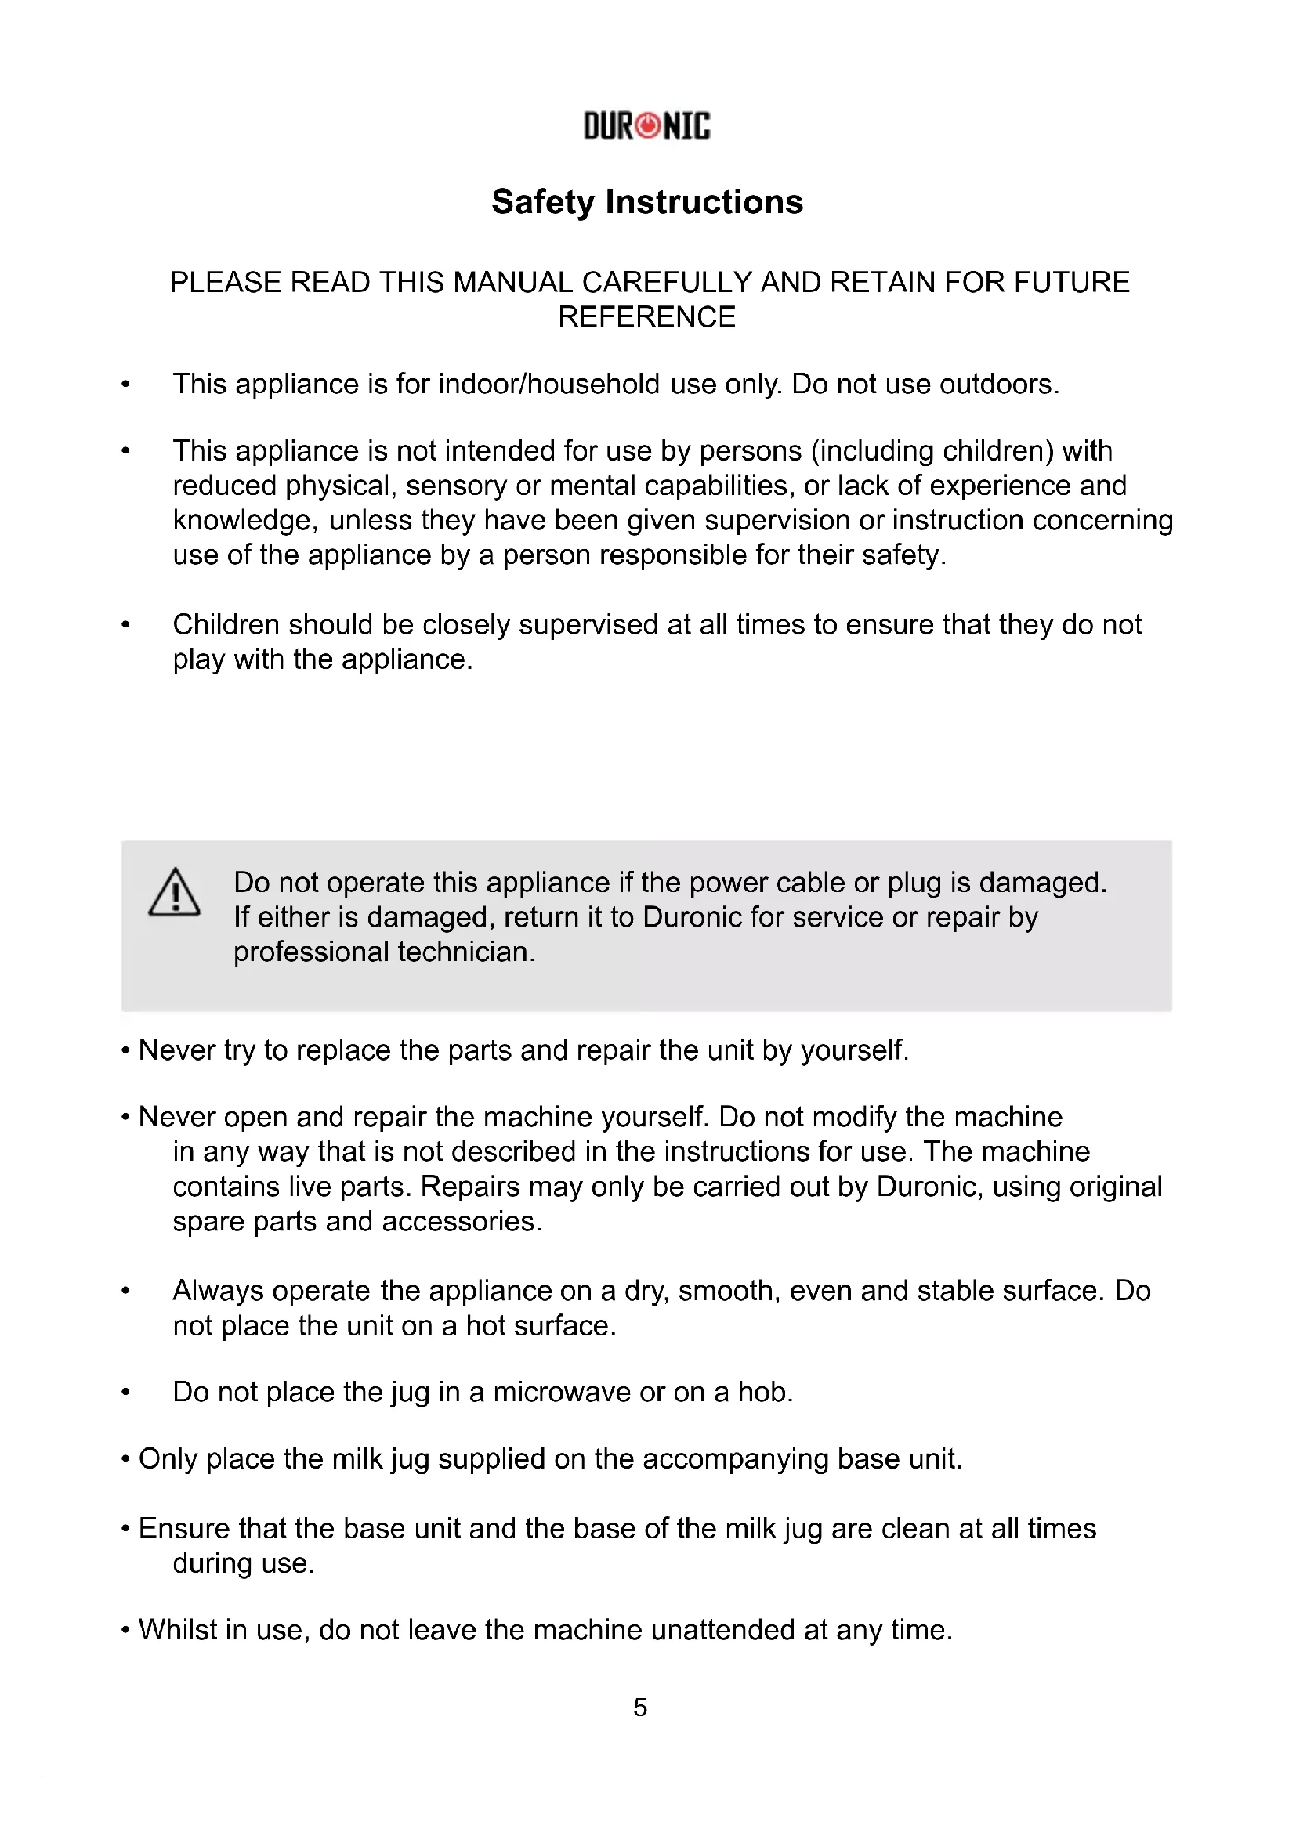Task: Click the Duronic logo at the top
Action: pyautogui.click(x=646, y=126)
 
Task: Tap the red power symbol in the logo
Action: pyautogui.click(x=649, y=126)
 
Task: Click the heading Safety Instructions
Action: pyautogui.click(x=646, y=202)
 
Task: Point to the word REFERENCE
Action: pyautogui.click(x=646, y=317)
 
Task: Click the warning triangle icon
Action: pyautogui.click(x=174, y=893)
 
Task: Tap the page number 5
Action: pyautogui.click(x=640, y=1707)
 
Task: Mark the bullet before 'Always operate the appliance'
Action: pyautogui.click(x=125, y=1291)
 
